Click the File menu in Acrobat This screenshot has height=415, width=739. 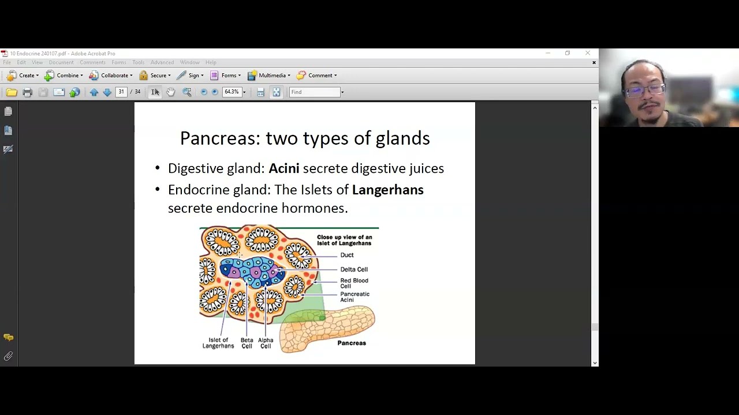7,62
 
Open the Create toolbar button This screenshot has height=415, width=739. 23,76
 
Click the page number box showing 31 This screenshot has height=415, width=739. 121,92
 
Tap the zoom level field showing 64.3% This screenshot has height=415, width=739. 232,92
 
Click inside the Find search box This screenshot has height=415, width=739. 314,92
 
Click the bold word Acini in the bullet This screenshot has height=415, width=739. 284,168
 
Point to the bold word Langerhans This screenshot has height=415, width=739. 387,190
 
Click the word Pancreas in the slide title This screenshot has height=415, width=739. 220,138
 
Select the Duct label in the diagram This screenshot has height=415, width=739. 346,255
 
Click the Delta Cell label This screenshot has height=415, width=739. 353,269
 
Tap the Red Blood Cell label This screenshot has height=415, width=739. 353,283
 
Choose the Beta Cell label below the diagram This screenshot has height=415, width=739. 247,343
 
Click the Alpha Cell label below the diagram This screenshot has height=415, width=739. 266,343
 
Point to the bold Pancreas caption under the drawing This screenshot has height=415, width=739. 351,343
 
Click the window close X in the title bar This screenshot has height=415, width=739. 588,53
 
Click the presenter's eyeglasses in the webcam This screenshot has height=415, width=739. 645,89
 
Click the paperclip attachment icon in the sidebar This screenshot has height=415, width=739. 8,357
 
